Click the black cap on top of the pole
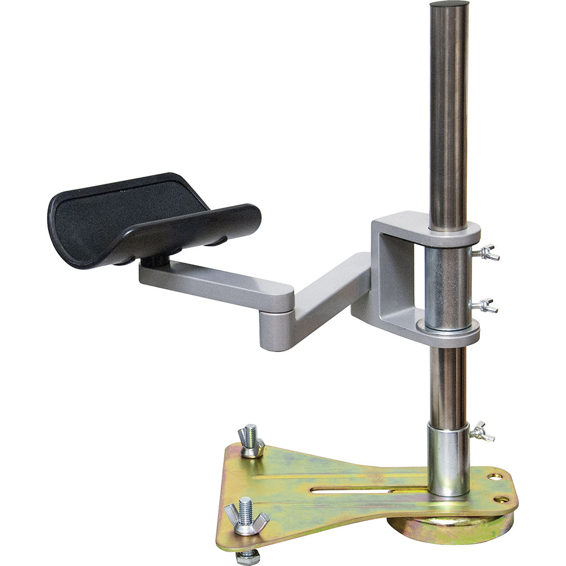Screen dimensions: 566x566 coord(449,5)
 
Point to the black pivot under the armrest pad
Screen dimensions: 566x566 coord(157,261)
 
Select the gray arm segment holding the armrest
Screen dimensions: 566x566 coord(215,280)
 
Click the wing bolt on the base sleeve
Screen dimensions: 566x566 coord(481,432)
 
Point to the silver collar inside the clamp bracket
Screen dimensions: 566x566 coord(447,289)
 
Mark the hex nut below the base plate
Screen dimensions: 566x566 coord(248,558)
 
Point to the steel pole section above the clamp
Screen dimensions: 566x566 coord(449,113)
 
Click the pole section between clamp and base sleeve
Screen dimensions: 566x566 coord(448,385)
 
